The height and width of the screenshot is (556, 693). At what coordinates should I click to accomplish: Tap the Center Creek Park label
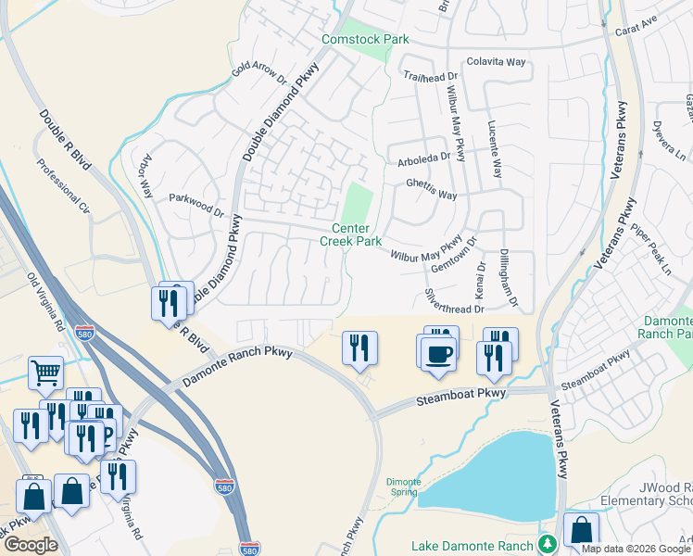pos(350,234)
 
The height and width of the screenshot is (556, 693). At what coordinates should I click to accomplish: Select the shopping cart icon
pos(45,373)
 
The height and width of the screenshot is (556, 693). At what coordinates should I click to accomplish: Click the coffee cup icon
pos(439,353)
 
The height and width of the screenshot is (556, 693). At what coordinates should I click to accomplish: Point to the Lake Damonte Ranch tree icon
pos(547,543)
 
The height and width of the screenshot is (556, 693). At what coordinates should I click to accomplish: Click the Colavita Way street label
pos(496,62)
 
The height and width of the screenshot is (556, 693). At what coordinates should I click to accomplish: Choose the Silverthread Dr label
pos(454,304)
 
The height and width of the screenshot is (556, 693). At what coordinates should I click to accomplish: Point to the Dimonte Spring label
pos(404,487)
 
